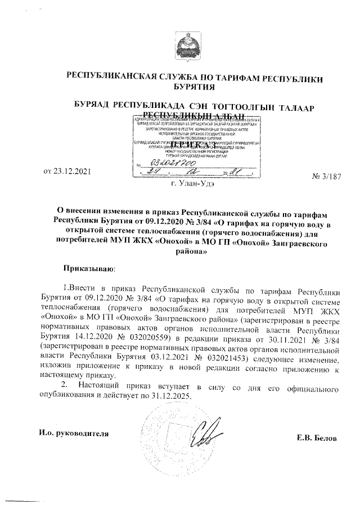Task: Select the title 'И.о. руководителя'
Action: (73, 433)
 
